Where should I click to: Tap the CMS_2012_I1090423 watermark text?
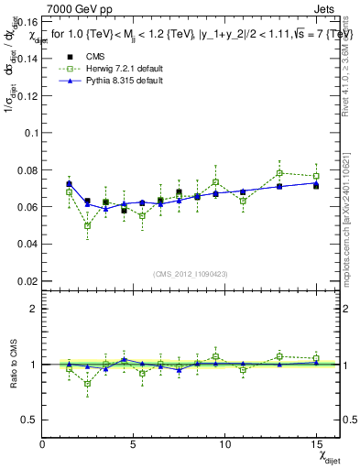click(x=191, y=274)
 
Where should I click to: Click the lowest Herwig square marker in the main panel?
click(x=87, y=225)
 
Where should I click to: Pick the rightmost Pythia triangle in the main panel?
click(x=316, y=183)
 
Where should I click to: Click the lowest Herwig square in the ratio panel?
click(x=87, y=384)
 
